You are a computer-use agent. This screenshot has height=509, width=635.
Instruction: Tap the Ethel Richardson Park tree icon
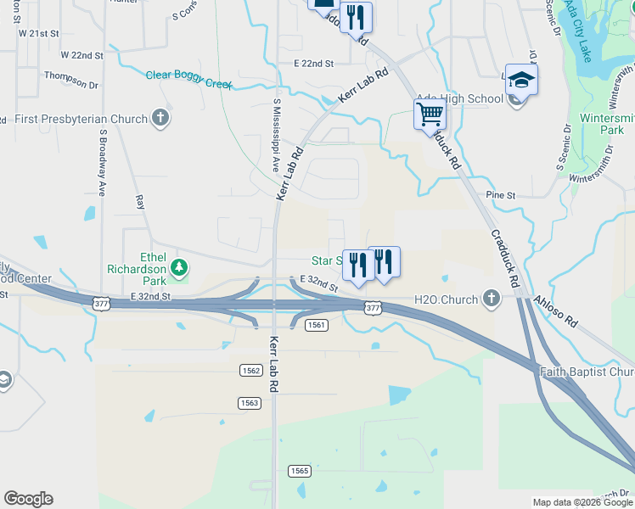tap(179, 268)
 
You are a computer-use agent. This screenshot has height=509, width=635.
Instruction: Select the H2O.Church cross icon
tap(491, 299)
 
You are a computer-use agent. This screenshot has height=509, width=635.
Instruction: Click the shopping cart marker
tap(430, 114)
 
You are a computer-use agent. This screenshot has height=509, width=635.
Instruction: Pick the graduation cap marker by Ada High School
tap(521, 80)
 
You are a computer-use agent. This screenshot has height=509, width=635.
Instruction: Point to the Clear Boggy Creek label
tap(188, 75)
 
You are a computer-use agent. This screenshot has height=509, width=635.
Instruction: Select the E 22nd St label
tap(313, 64)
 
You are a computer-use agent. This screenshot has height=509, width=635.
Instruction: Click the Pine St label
tap(501, 195)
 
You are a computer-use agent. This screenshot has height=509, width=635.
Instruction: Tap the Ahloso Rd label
tap(555, 311)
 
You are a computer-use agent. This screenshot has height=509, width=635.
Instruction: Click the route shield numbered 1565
tap(299, 471)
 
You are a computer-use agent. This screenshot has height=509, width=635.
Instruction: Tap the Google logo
tap(28, 499)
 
